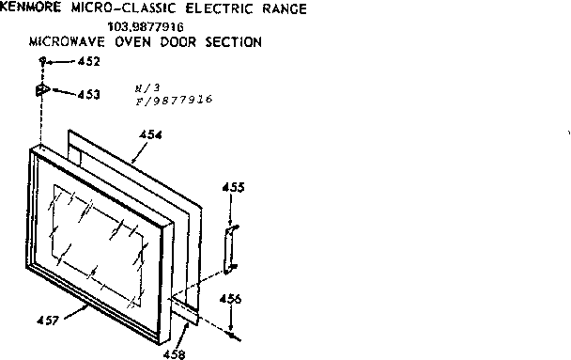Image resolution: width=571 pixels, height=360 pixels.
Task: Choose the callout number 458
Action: (175, 354)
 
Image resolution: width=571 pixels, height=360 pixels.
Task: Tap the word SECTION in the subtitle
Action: (233, 42)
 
